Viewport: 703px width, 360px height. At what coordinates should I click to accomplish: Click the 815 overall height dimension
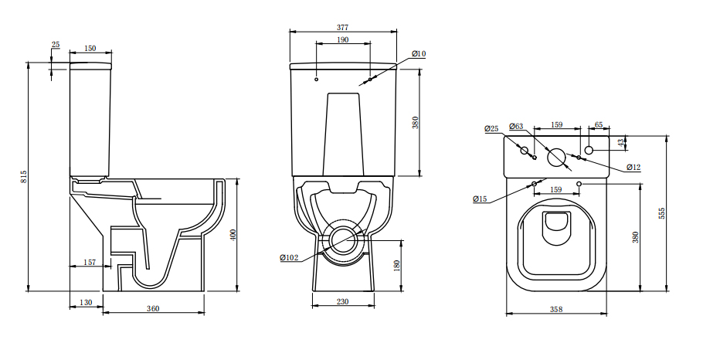[x=23, y=176]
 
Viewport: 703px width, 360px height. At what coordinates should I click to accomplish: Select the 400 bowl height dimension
[x=233, y=235]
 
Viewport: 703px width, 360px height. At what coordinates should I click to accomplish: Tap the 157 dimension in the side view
[x=89, y=263]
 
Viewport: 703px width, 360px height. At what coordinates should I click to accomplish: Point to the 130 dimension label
[x=85, y=302]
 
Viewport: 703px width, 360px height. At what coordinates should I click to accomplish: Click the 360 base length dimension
[x=153, y=309]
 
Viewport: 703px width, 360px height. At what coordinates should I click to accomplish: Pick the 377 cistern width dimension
[x=342, y=27]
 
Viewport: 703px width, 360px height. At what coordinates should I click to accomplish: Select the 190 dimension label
[x=342, y=39]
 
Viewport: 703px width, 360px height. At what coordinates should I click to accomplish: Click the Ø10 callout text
[x=418, y=53]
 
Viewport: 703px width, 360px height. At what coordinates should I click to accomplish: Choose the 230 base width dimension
[x=342, y=302]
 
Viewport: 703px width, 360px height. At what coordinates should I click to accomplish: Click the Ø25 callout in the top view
[x=491, y=127]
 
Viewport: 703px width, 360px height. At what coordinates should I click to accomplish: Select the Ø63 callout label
[x=516, y=126]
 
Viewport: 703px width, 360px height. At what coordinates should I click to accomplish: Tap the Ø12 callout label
[x=633, y=167]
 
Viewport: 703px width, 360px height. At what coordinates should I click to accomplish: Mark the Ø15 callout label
[x=480, y=199]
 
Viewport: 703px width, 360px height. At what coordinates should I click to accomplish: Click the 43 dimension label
[x=620, y=142]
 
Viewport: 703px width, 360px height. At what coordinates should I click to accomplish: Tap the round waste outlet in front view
[x=342, y=239]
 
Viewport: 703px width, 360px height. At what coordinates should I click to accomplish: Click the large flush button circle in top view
[x=556, y=157]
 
